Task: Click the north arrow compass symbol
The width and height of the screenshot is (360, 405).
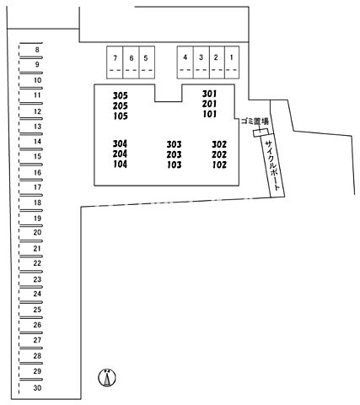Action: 107,377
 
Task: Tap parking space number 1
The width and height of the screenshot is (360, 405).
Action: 232,62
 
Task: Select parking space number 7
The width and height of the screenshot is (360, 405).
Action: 115,62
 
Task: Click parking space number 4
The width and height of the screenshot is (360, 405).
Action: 185,62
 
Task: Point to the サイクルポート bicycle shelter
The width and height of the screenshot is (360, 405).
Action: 273,166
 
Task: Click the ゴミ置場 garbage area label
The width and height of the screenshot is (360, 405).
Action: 255,121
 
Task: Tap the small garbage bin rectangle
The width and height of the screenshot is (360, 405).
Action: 261,132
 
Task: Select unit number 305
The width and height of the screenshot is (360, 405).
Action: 121,95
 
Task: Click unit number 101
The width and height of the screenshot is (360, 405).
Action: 210,114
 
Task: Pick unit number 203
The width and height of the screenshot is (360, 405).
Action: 174,154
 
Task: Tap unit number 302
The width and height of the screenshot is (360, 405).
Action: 219,144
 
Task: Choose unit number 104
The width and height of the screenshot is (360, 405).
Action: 121,164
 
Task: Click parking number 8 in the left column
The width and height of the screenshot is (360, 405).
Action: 37,50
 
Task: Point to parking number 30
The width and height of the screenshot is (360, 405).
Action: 37,388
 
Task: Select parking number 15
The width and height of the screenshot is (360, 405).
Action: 37,156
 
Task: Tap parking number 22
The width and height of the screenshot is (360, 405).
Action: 37,263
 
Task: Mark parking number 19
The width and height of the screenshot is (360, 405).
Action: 37,219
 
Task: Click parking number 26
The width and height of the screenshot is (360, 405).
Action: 37,325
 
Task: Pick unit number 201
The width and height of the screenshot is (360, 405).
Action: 210,104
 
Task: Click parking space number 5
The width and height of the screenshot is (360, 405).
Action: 147,62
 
